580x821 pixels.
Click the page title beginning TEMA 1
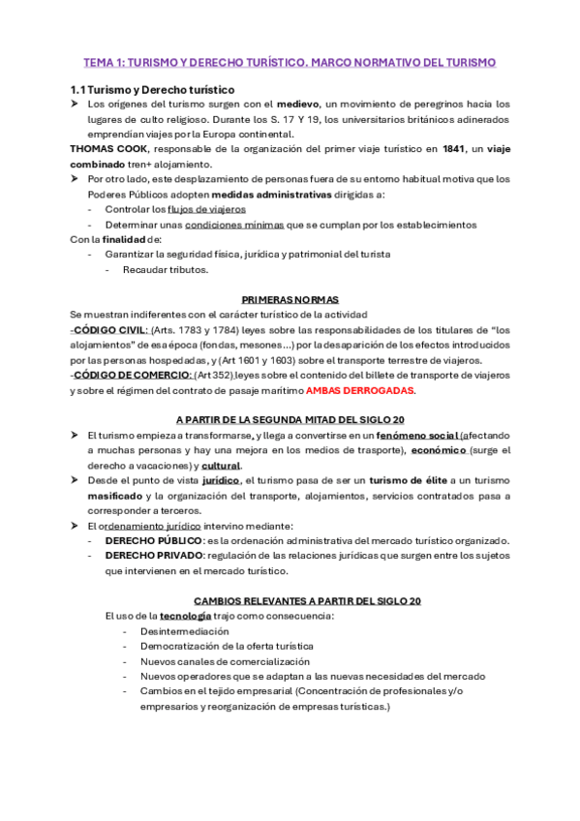(x=290, y=62)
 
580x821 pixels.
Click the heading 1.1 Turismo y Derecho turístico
(x=152, y=89)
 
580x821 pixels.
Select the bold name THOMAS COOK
(x=109, y=150)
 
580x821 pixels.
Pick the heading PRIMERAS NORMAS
(x=290, y=299)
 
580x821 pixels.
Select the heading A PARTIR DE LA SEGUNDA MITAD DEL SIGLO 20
(x=290, y=419)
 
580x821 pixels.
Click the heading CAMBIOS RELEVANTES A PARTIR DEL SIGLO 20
(x=308, y=600)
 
